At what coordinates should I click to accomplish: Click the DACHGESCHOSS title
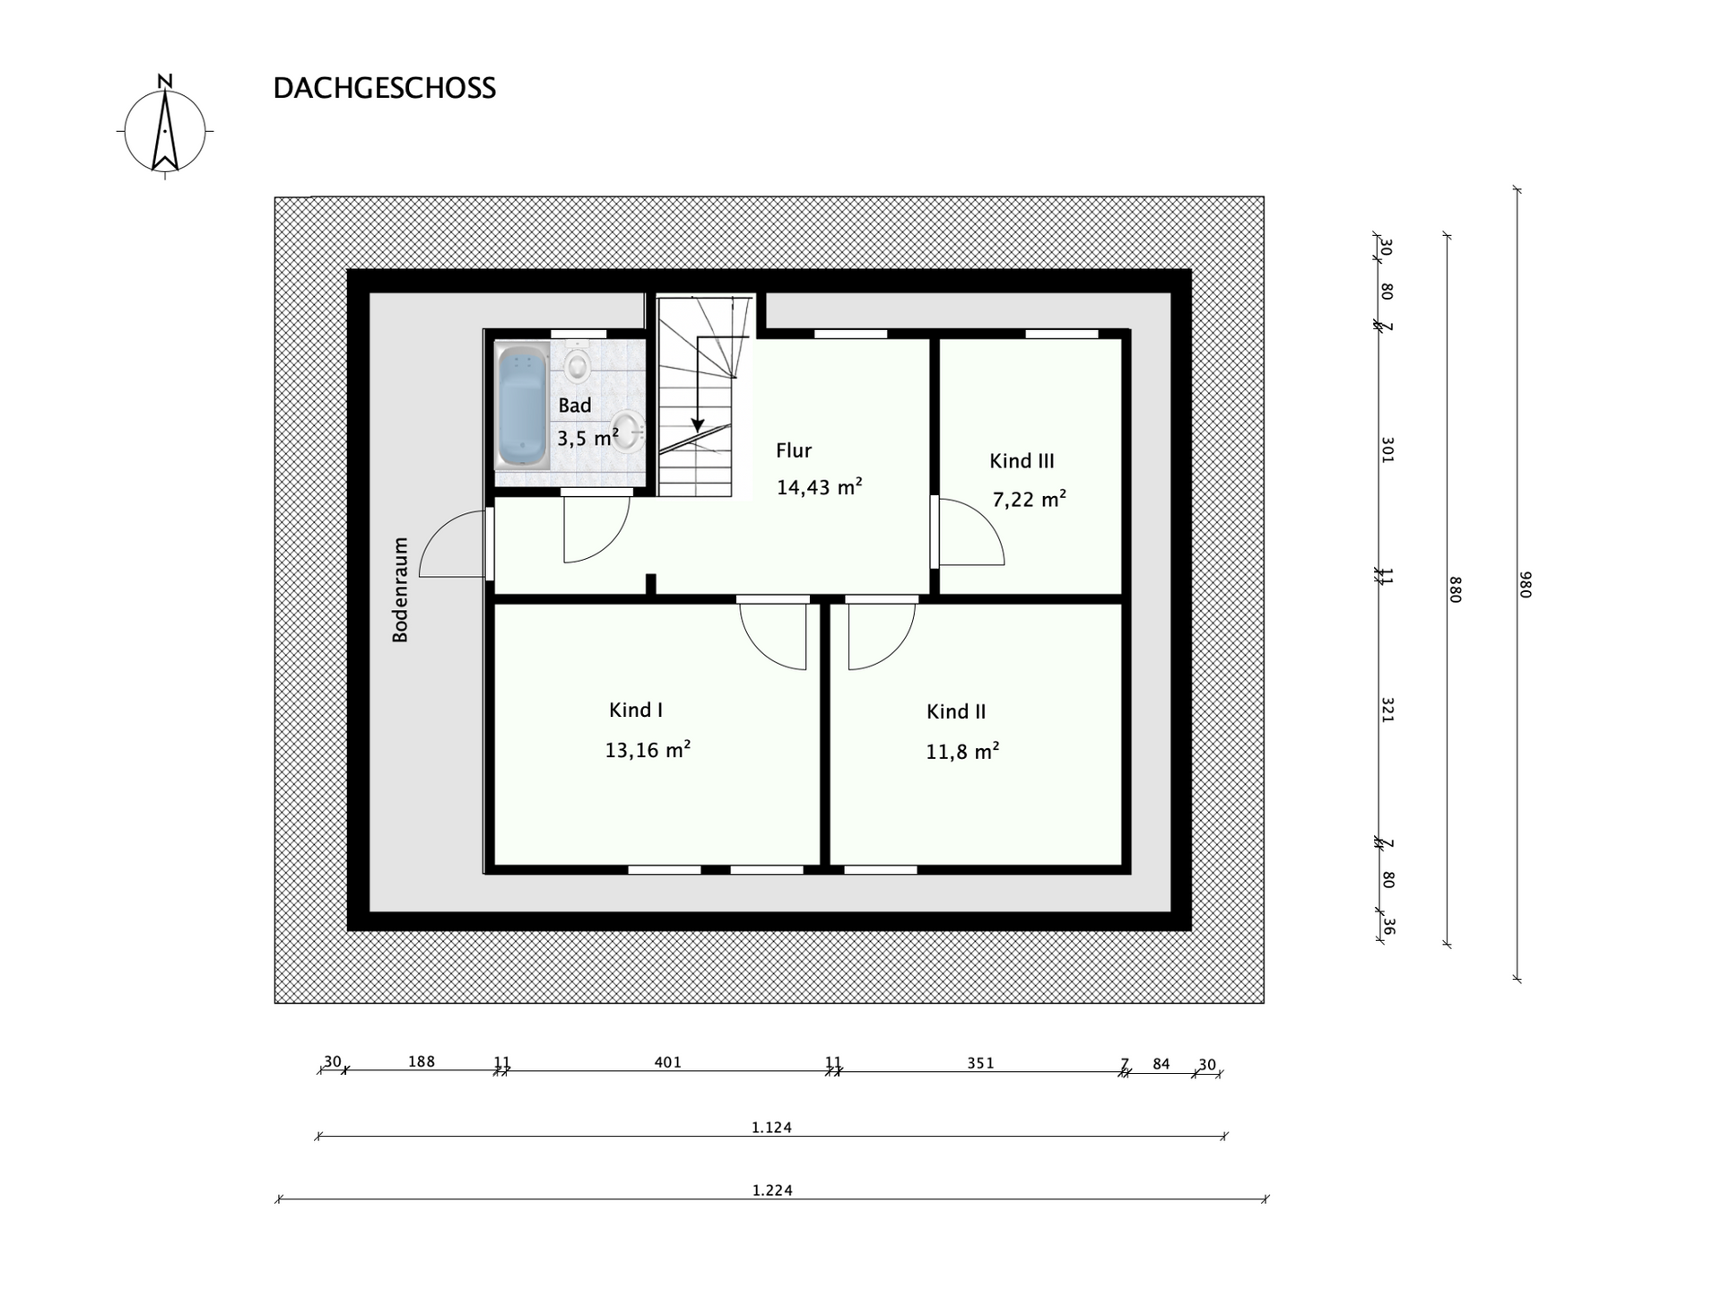click(x=384, y=88)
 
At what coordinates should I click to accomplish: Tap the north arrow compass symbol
click(x=165, y=127)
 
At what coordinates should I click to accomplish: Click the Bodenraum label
click(x=400, y=589)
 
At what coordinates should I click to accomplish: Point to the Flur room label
click(x=794, y=450)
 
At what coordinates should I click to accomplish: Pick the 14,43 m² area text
click(x=819, y=487)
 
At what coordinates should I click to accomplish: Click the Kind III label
click(x=1022, y=461)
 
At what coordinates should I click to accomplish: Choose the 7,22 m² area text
click(x=1029, y=499)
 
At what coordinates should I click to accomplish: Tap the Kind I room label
click(x=636, y=711)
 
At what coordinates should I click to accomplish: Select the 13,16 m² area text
click(x=648, y=749)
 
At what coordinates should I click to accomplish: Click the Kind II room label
click(x=956, y=711)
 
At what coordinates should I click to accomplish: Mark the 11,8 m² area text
click(x=962, y=751)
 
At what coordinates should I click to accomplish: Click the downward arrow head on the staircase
click(x=698, y=424)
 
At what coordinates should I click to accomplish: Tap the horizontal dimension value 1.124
click(x=771, y=1128)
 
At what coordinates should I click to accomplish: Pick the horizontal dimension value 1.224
click(x=772, y=1190)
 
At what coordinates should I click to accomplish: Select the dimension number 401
click(x=667, y=1062)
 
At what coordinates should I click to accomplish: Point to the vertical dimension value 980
click(x=1526, y=585)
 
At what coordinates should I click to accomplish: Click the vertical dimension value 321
click(x=1387, y=710)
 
